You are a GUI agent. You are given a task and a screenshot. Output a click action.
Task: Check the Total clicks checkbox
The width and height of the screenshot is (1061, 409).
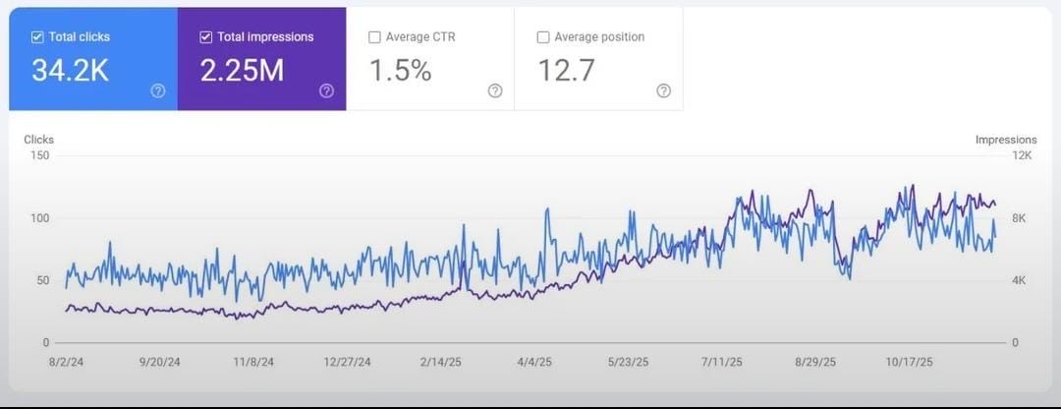(37, 37)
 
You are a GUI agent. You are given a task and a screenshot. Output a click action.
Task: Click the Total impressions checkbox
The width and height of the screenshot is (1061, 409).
(205, 37)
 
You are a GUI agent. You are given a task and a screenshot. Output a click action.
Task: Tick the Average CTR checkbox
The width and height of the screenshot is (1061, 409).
(374, 37)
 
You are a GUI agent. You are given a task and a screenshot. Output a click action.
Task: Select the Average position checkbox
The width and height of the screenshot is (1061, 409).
(543, 37)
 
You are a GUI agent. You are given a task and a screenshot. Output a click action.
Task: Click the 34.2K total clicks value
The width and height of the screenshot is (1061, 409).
(70, 71)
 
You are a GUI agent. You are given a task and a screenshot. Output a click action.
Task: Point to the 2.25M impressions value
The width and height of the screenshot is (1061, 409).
(242, 71)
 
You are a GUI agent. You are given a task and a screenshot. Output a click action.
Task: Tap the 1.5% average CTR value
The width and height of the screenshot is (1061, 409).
(400, 71)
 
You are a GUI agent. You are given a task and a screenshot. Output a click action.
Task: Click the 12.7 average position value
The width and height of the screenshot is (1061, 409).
(566, 71)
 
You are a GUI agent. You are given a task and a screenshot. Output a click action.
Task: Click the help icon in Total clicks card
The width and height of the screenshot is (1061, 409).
(157, 90)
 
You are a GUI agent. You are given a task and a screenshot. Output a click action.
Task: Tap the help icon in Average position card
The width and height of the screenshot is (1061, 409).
(663, 90)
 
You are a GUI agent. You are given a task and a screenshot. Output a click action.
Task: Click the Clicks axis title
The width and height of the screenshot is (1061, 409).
(39, 140)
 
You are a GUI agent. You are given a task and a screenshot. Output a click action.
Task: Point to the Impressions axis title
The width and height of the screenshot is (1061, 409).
(1006, 140)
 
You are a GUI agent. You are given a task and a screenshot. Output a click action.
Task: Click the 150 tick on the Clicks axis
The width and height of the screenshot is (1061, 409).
(39, 155)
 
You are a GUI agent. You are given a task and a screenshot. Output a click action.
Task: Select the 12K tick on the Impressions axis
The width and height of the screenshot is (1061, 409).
(1022, 155)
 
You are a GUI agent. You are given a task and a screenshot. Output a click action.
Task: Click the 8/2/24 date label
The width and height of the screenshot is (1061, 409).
(66, 362)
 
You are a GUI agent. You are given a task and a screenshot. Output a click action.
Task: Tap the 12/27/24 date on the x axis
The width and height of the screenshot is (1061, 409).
(348, 362)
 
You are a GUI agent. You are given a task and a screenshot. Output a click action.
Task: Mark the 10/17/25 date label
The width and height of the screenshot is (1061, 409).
(910, 362)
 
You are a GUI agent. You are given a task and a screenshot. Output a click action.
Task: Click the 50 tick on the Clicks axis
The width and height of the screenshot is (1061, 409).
(41, 280)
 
